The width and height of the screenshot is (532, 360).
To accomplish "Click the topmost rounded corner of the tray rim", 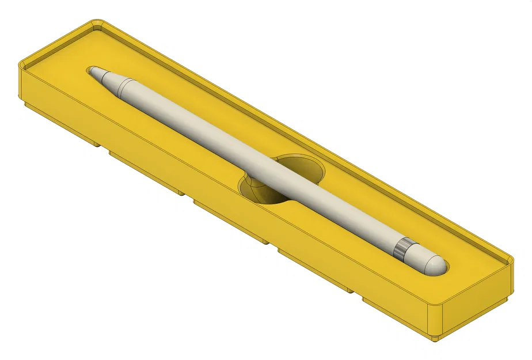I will [x=94, y=24].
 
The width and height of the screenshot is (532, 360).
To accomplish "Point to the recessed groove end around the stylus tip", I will [x=90, y=70].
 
